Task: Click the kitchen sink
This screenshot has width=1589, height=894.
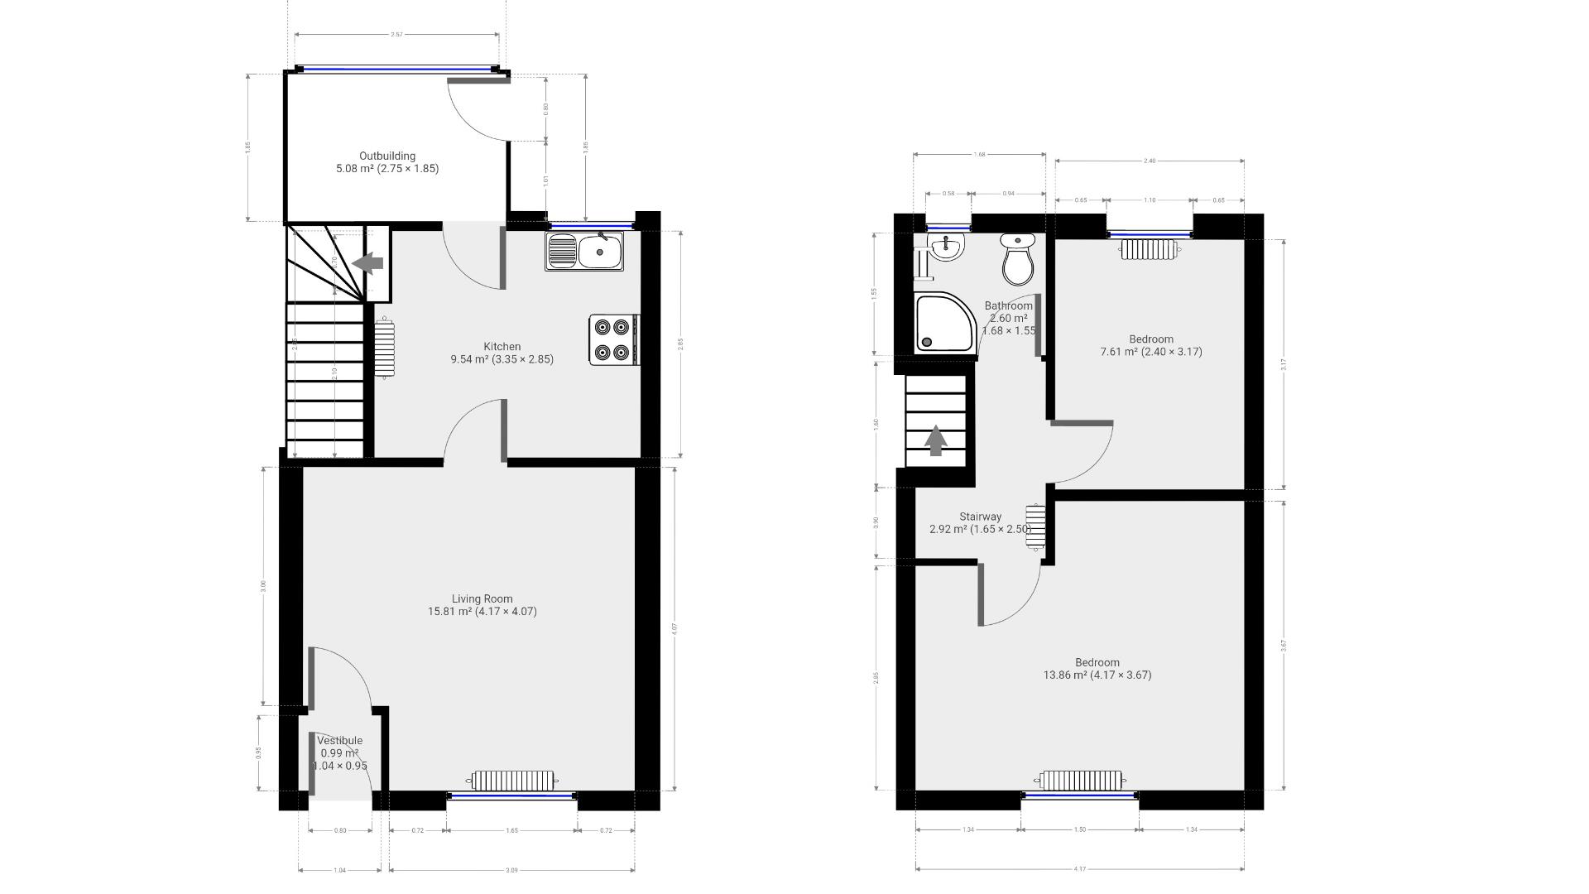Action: [x=587, y=251]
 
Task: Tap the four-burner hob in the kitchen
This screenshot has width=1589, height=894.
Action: [x=613, y=339]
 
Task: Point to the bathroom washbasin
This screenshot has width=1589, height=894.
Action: [x=945, y=246]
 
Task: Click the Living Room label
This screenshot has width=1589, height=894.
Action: [x=482, y=598]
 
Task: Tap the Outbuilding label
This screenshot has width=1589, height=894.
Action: [x=386, y=156]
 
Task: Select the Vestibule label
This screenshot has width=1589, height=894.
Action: [x=339, y=741]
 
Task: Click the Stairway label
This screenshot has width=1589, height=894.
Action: [x=980, y=517]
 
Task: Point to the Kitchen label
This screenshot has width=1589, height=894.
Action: [x=502, y=347]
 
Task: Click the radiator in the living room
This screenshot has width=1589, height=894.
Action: [x=512, y=781]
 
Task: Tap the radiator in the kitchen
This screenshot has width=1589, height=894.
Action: [x=384, y=348]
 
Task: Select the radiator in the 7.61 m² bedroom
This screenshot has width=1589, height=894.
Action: [x=1150, y=248]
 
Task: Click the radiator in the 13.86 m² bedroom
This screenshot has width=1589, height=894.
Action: [x=1080, y=781]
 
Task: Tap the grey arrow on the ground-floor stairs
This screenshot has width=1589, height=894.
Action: [x=368, y=263]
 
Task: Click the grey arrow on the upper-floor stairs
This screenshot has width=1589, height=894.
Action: [x=935, y=440]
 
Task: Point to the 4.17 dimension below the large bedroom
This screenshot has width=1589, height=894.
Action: [x=1079, y=869]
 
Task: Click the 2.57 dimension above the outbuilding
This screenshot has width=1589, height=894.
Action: [x=397, y=35]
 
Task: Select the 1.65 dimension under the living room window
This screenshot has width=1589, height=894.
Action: [x=511, y=830]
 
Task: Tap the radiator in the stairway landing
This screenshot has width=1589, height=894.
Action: [x=1035, y=527]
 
